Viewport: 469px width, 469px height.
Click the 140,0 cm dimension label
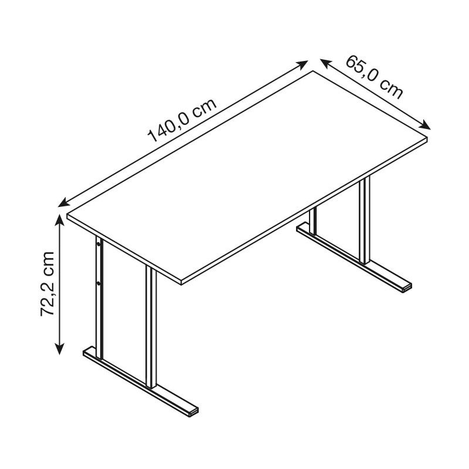coord(182,120)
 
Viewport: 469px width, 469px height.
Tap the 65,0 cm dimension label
coord(375,77)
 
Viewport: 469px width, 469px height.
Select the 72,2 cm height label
coord(47,284)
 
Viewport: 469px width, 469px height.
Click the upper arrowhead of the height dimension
coord(60,220)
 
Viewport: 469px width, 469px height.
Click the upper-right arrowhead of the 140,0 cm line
coord(303,64)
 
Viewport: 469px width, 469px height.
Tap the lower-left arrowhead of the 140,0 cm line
coord(63,202)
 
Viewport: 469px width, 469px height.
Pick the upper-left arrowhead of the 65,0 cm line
coord(326,63)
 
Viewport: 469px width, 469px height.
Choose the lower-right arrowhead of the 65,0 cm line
coord(424,125)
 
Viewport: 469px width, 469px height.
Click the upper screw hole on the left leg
coord(98,244)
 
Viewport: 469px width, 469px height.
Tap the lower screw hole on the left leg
coord(98,282)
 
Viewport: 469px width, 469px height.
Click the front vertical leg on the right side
coord(365,221)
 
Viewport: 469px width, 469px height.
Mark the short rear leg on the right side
coord(313,221)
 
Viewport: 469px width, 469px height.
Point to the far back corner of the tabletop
coord(313,71)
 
